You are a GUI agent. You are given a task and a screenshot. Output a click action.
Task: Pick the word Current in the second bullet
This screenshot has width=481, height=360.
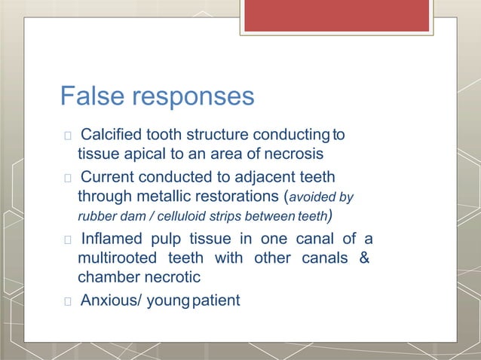click(108, 178)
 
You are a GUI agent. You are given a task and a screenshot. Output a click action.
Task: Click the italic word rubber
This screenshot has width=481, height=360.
click(95, 218)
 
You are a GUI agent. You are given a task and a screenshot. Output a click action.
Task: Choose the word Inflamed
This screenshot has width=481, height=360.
click(114, 239)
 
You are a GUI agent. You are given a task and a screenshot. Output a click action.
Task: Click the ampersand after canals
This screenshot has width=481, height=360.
click(363, 259)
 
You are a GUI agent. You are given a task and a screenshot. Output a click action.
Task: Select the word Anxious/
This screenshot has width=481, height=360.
click(112, 301)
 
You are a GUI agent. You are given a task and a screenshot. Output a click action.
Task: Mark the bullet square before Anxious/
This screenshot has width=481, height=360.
click(69, 301)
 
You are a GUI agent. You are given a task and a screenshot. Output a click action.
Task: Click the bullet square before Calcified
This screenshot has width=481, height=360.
click(69, 136)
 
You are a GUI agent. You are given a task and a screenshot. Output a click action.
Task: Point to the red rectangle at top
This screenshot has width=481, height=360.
click(336, 15)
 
